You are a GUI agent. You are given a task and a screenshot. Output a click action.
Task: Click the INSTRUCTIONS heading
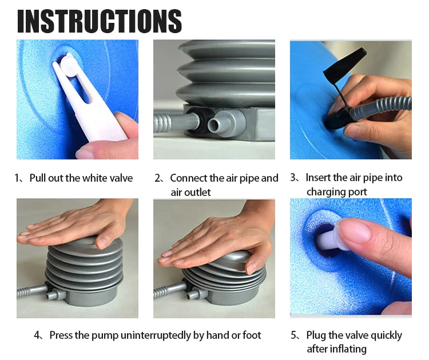[100, 21]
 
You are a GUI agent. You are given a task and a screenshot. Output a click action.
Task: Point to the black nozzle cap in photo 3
[344, 65]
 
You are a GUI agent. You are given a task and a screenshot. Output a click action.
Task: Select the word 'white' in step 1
[94, 178]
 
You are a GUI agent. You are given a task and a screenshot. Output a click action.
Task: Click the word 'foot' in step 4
[252, 335]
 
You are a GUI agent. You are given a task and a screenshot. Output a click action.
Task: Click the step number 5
[293, 335]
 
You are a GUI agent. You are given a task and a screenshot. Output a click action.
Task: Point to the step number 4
[37, 335]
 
